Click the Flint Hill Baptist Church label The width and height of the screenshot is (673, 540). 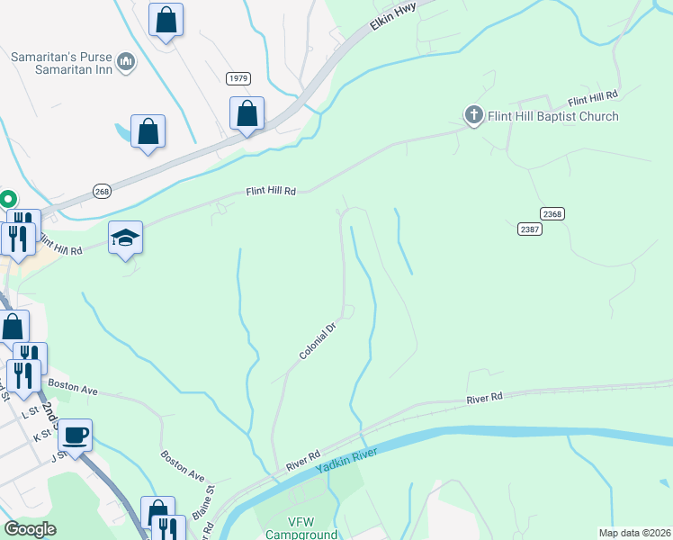[552, 116]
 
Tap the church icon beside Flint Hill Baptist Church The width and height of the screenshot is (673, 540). [473, 115]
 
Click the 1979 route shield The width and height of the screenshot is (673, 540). [238, 78]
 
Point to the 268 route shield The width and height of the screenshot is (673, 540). [102, 191]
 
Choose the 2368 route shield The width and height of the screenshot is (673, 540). [552, 213]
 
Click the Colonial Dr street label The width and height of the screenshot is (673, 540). [317, 342]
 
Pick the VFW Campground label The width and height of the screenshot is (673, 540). [301, 528]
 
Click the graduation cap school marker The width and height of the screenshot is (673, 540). [125, 238]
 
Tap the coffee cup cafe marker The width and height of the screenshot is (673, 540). [76, 436]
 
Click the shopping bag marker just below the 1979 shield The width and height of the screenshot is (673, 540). [247, 114]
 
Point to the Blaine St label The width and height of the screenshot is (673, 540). [211, 502]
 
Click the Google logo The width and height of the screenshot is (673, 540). [30, 529]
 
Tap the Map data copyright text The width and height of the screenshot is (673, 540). [633, 533]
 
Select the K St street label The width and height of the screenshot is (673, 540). [42, 436]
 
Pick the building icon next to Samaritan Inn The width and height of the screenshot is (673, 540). [126, 62]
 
